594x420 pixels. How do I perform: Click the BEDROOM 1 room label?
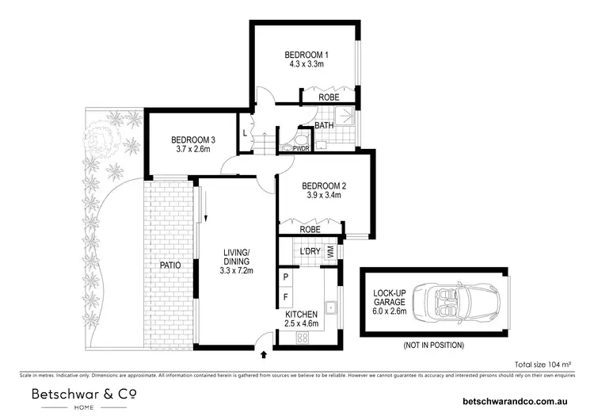pyautogui.click(x=306, y=54)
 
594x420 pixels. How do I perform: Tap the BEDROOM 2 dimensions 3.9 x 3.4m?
pyautogui.click(x=325, y=198)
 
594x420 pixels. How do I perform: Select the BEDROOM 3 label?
pyautogui.click(x=193, y=140)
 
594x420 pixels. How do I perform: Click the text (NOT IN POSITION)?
pyautogui.click(x=432, y=345)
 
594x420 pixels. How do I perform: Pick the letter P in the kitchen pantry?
pyautogui.click(x=286, y=277)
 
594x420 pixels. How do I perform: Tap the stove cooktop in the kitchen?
pyautogui.click(x=302, y=338)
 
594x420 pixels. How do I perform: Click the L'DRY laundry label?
pyautogui.click(x=309, y=252)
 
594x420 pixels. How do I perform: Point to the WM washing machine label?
pyautogui.click(x=330, y=252)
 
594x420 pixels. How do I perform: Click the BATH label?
pyautogui.click(x=324, y=126)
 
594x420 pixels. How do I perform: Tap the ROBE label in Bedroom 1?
pyautogui.click(x=329, y=97)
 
